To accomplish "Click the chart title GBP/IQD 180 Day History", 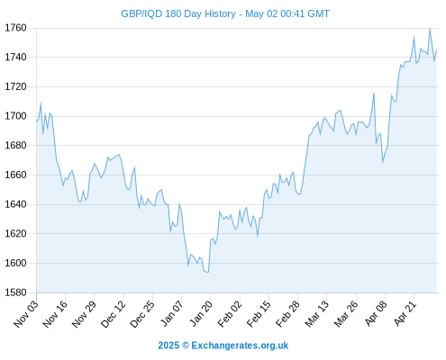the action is [178, 13].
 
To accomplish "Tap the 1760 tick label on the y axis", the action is [15, 28].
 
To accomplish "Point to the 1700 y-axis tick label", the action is [15, 116].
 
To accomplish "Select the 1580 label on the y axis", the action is [15, 292].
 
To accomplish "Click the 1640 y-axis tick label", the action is [15, 204].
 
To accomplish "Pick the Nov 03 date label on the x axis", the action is [26, 313].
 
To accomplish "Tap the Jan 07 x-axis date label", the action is [172, 313].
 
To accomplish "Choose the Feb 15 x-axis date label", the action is [259, 313].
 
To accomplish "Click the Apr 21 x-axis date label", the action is [405, 313].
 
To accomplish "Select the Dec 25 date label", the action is [142, 313].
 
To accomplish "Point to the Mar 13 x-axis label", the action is [317, 313].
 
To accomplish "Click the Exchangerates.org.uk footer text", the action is [240, 346].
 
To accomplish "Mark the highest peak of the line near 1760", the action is [430, 29].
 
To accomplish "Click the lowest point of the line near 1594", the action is [207, 272].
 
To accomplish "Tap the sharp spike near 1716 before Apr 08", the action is [374, 93].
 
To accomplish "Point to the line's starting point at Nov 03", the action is [37, 121].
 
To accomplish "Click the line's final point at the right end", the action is [436, 50].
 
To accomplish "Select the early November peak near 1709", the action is [41, 103].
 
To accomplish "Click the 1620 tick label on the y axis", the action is [15, 233].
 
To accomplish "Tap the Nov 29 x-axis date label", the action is [85, 313].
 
